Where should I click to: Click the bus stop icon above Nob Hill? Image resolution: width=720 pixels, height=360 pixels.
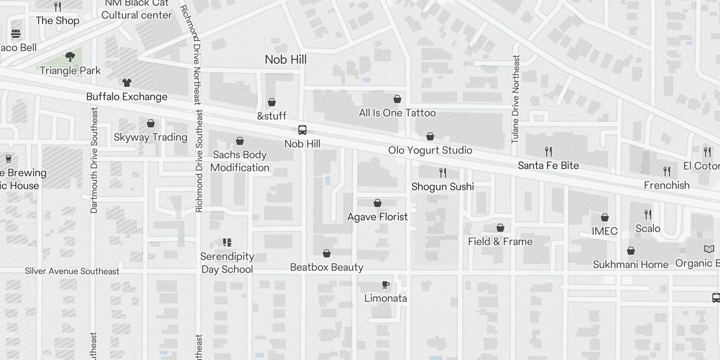point(302,130)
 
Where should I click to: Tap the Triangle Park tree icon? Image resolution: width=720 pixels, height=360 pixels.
point(70,57)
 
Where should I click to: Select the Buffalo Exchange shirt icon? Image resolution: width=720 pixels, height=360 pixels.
point(127,83)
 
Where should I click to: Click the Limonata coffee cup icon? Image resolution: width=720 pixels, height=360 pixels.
point(385,284)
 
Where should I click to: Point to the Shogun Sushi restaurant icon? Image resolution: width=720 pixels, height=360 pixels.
point(443,172)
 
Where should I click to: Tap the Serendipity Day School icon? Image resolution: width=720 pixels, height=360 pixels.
point(227,243)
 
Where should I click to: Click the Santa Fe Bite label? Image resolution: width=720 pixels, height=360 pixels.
point(548,166)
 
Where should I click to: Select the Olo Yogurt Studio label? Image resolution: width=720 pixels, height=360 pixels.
point(430,150)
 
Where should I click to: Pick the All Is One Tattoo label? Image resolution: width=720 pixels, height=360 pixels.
point(397,113)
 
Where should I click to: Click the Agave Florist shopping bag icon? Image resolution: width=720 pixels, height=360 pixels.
point(378,203)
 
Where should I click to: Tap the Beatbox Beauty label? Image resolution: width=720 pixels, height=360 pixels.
point(326,267)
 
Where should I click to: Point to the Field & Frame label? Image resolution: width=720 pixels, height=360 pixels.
point(500,242)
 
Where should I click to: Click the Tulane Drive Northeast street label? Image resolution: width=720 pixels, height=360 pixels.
point(516,99)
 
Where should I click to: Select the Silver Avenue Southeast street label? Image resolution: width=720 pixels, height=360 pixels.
point(72,271)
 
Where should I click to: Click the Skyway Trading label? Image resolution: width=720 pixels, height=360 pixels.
point(150,137)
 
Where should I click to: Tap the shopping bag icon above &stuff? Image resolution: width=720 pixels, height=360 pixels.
point(272,103)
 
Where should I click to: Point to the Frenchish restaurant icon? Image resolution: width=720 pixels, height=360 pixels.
point(667,171)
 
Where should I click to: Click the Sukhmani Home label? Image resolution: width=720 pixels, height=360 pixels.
point(630,265)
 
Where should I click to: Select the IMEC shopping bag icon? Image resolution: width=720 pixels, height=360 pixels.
point(605,217)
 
